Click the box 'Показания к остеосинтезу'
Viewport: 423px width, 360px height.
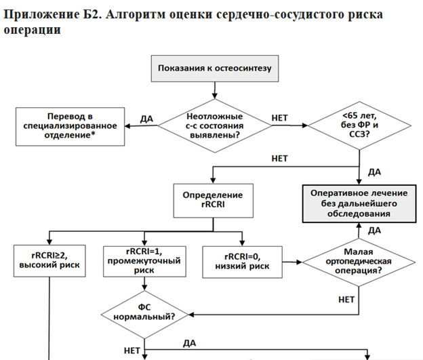[215, 68]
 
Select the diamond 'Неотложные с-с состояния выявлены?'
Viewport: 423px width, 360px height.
[215, 125]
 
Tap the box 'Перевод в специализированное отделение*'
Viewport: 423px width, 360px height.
[70, 127]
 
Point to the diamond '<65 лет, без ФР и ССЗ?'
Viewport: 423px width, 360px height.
[359, 125]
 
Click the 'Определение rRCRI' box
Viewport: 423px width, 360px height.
[213, 201]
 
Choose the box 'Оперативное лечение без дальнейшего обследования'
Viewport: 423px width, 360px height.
[359, 203]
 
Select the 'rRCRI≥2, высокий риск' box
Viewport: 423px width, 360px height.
[49, 261]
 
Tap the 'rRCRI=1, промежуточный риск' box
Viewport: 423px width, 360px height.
[144, 261]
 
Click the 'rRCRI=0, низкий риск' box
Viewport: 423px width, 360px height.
[242, 262]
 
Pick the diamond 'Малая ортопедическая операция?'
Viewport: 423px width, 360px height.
[359, 262]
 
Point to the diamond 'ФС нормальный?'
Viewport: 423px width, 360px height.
[144, 315]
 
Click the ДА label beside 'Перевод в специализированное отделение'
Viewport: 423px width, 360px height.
[146, 119]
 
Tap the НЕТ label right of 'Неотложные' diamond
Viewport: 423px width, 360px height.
[280, 118]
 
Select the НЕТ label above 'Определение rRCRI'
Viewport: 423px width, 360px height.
[280, 159]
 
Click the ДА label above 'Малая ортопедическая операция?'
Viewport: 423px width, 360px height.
[375, 231]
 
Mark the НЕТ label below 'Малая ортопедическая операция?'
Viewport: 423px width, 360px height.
[346, 300]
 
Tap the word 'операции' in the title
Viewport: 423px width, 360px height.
[32, 30]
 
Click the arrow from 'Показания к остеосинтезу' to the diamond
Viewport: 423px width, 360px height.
[215, 90]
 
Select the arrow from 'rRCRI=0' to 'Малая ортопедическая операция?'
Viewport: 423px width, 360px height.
[292, 262]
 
